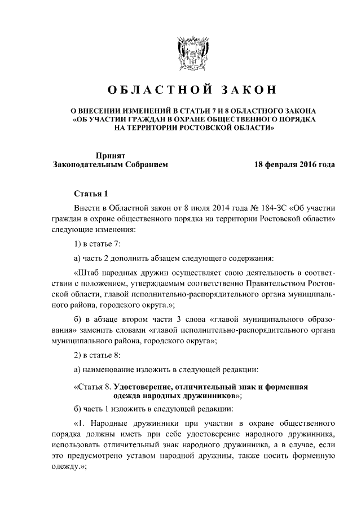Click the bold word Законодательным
[85, 165]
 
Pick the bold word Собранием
[143, 165]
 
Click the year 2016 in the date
[308, 165]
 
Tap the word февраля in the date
[278, 165]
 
